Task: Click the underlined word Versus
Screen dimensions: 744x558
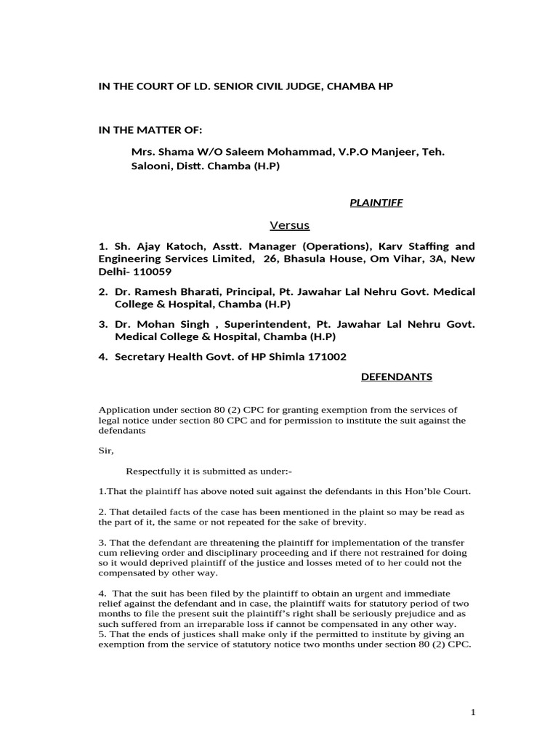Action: coord(290,225)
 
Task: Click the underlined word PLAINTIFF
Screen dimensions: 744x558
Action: coord(376,203)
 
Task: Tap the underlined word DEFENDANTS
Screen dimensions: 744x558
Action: coord(397,376)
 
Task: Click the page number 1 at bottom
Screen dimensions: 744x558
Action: coord(473,712)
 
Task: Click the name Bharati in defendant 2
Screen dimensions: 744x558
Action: coord(190,291)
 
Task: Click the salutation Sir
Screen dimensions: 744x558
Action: coord(106,450)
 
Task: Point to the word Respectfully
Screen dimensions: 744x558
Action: coord(158,471)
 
